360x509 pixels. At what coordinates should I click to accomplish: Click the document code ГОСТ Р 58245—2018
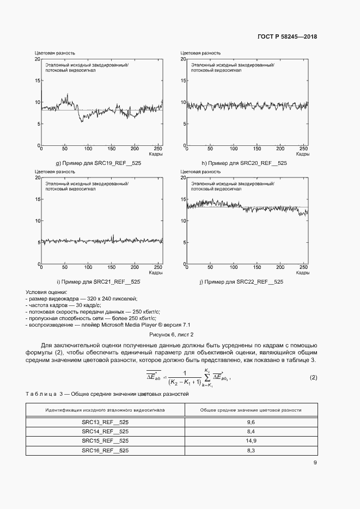[x=287, y=37]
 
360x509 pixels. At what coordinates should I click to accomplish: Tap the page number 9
[x=315, y=463]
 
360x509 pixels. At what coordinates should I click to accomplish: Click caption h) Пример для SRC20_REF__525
[x=244, y=163]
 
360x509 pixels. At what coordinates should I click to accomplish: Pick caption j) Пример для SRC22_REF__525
[x=241, y=281]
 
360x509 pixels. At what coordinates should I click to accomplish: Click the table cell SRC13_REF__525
[x=105, y=422]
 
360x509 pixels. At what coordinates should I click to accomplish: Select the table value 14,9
[x=251, y=440]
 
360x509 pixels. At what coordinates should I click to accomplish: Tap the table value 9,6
[x=251, y=422]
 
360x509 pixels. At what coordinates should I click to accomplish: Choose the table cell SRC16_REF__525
[x=105, y=450]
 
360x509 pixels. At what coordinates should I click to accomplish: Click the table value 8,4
[x=251, y=431]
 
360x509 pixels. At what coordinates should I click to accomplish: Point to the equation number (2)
[x=313, y=377]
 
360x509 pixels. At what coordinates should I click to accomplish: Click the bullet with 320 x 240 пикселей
[x=82, y=299]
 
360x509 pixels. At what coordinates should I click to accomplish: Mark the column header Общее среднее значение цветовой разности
[x=251, y=409]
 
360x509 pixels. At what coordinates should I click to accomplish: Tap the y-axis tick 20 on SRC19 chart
[x=38, y=59]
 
